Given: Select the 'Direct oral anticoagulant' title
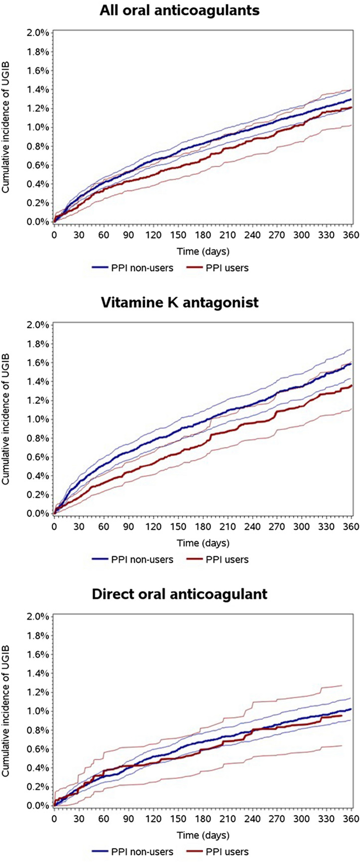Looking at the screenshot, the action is point(180,594).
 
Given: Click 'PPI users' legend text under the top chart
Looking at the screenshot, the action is point(227,268).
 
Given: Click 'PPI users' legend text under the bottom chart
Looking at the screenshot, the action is point(227,852).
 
